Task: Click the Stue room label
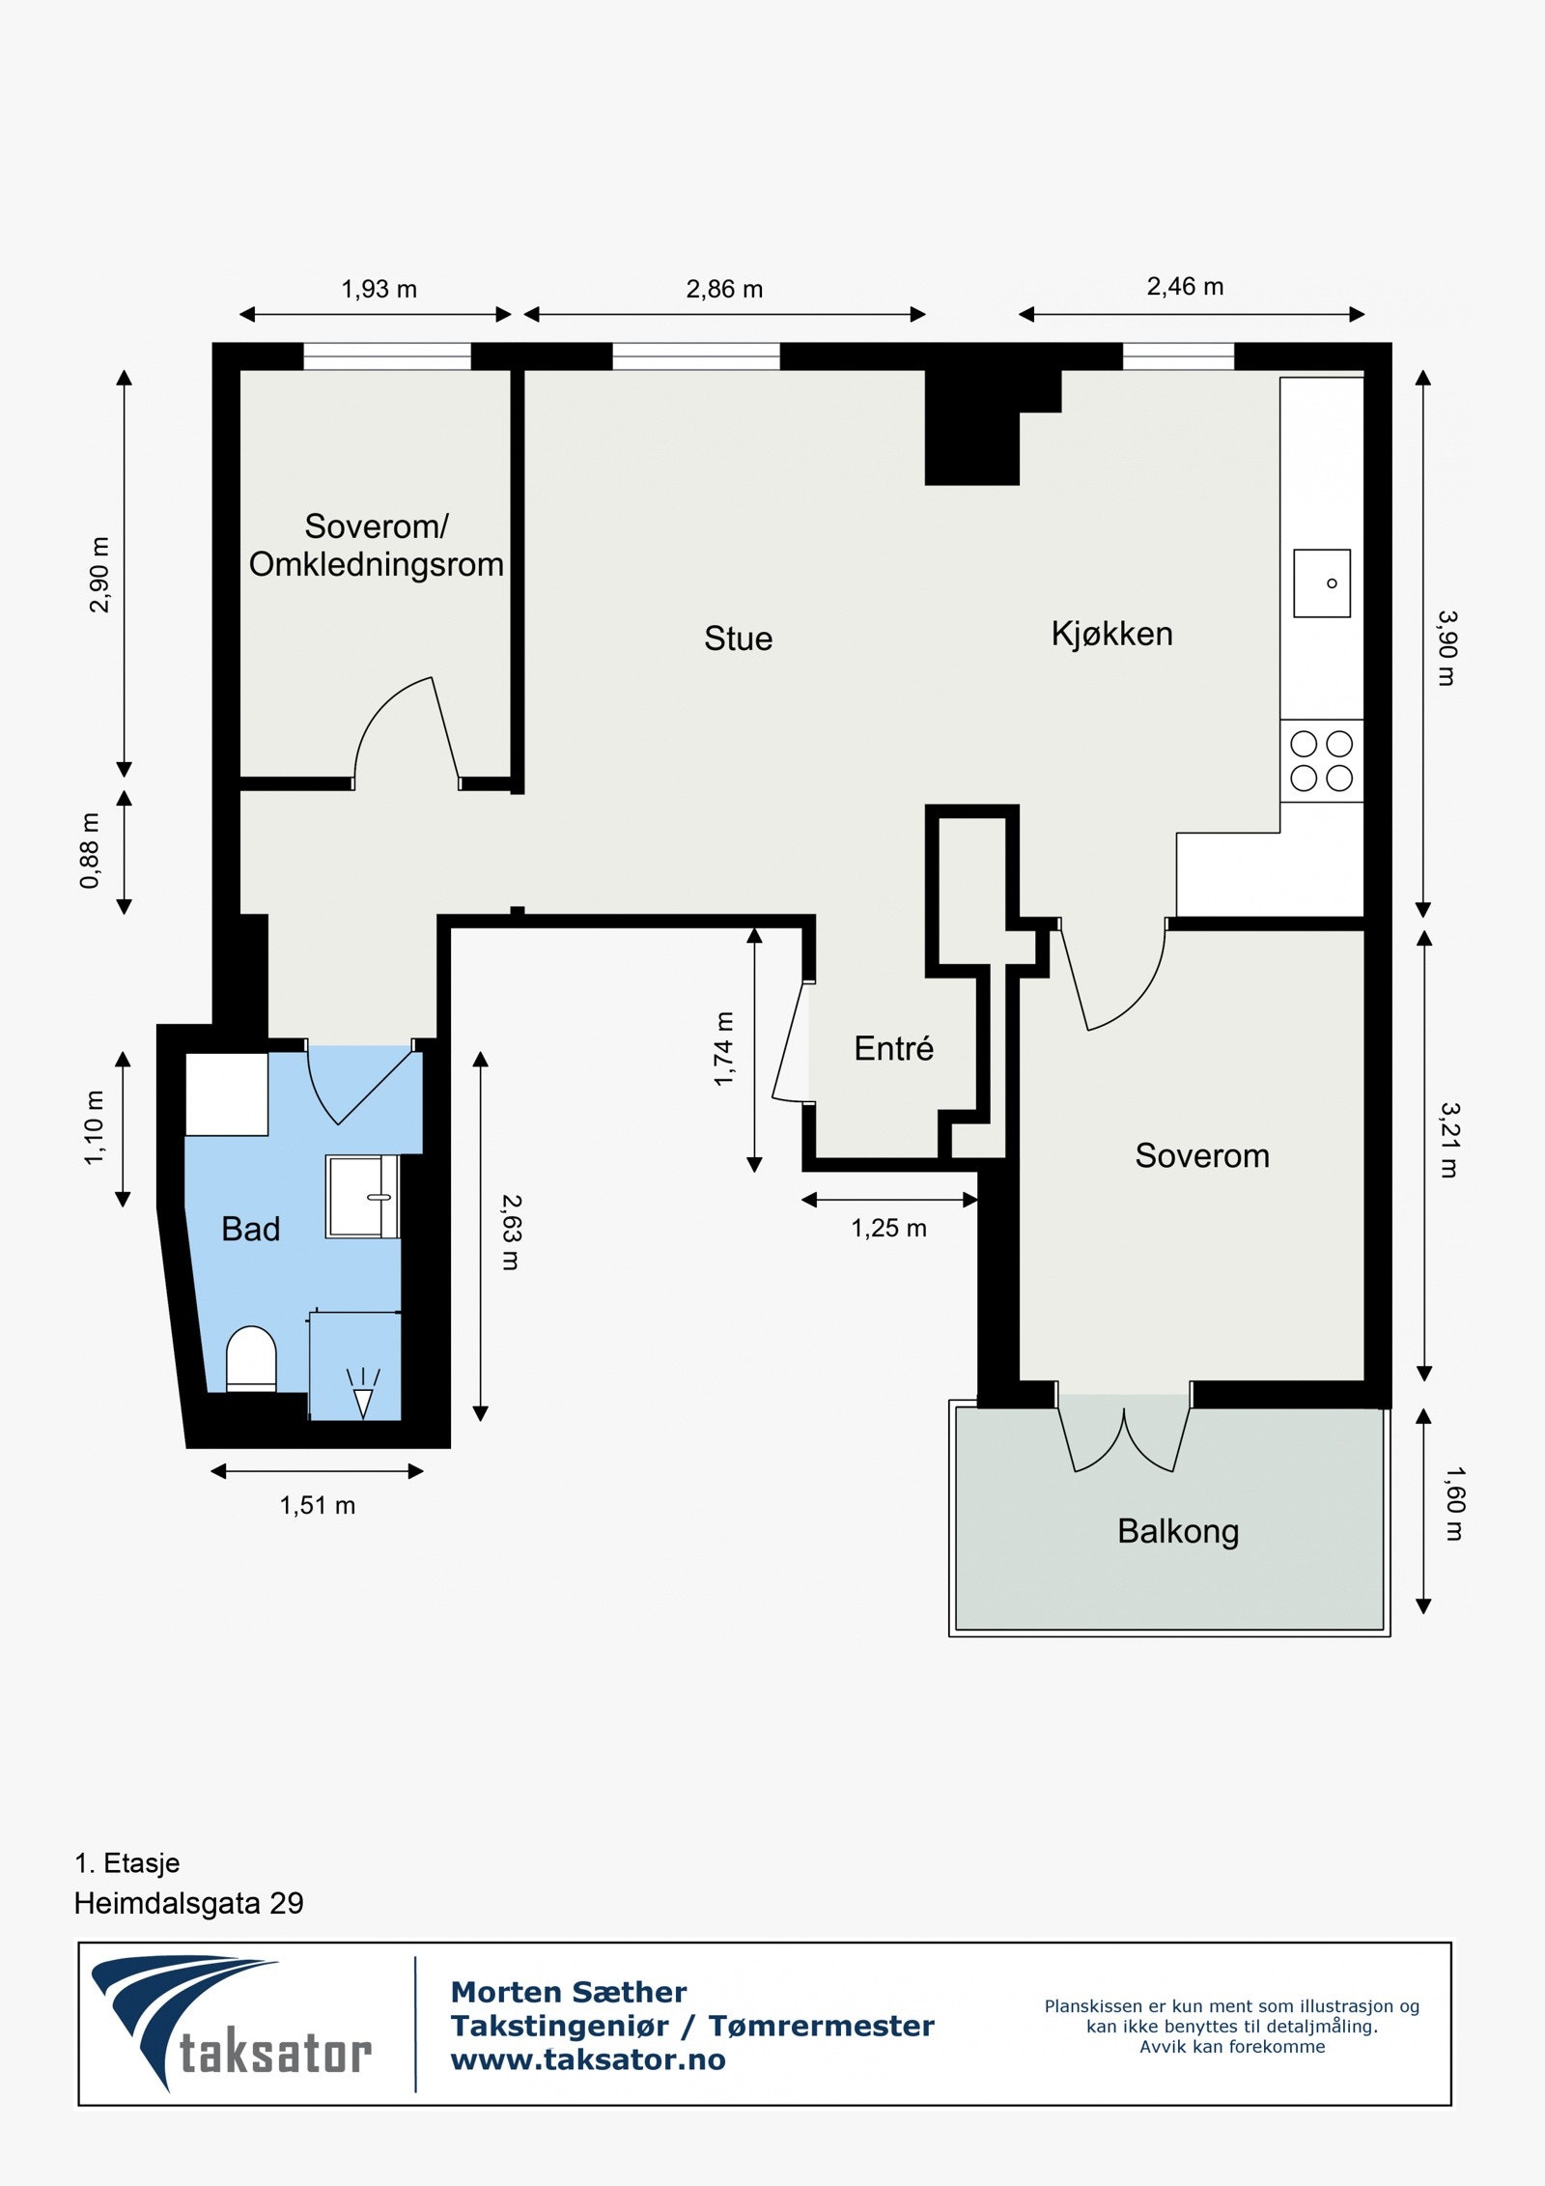tap(738, 639)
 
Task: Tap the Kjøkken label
tap(1111, 634)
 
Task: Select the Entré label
tap(893, 1048)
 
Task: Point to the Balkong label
tap(1178, 1531)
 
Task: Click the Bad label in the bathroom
tap(250, 1229)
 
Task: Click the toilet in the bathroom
tap(251, 1359)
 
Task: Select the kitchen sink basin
tap(1322, 583)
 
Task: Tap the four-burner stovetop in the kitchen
tap(1322, 760)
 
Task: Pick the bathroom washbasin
tap(362, 1196)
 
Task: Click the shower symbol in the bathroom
tap(363, 1393)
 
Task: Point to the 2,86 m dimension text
tap(724, 289)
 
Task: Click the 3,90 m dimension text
tap(1446, 647)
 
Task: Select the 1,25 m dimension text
tap(888, 1228)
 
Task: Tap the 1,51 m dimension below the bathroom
tap(318, 1505)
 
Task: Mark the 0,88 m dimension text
tap(90, 850)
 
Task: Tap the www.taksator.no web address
tap(588, 2059)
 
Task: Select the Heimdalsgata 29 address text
tap(189, 1903)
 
